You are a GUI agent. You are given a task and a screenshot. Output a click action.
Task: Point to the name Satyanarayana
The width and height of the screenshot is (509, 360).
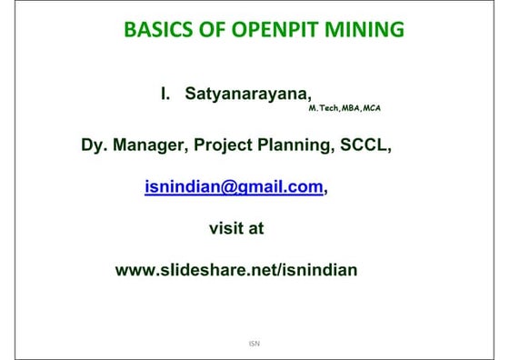[x=251, y=94]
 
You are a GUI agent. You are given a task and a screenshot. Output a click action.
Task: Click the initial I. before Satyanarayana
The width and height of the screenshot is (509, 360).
[x=166, y=94]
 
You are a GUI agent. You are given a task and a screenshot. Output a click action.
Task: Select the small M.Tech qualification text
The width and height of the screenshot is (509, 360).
[x=323, y=109]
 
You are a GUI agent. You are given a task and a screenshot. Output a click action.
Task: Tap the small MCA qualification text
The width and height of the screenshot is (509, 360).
[x=371, y=109]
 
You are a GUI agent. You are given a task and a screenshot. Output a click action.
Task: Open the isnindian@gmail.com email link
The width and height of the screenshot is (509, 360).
[x=234, y=186]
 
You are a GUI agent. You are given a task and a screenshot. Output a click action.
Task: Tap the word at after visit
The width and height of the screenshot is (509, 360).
[x=255, y=228]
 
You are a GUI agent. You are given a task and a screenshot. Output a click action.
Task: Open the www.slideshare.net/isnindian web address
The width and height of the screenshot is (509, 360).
[x=236, y=270]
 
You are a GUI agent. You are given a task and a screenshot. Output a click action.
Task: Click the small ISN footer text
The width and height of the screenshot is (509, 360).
[x=254, y=344]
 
